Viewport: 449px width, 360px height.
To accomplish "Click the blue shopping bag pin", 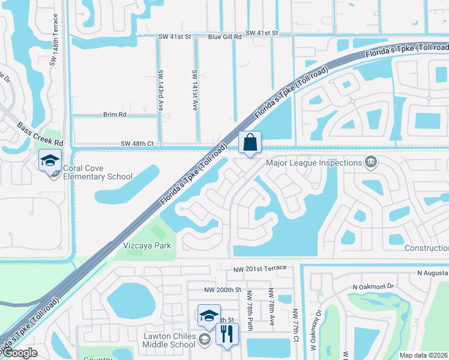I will (250, 143).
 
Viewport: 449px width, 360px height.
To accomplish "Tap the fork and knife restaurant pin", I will (226, 334).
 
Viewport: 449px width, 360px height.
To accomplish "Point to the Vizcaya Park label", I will (147, 245).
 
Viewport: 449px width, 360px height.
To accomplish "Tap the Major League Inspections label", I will (314, 163).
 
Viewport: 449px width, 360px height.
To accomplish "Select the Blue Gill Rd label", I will (224, 37).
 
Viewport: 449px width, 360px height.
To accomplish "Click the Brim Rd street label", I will (115, 114).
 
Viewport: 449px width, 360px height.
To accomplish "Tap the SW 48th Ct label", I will (137, 143).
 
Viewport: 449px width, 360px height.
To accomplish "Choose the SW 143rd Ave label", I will (160, 94).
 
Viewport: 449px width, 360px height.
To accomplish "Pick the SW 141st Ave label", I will (194, 90).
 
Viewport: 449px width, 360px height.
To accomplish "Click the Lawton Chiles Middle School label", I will (169, 340).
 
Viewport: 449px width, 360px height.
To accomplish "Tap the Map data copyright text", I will (424, 355).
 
